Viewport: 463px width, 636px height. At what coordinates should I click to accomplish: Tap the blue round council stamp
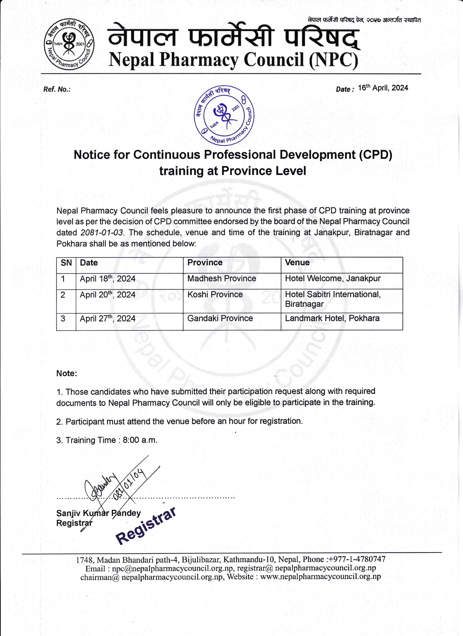(224, 115)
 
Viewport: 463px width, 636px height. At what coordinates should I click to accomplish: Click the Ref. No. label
(57, 90)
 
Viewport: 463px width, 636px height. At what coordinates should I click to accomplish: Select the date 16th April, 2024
(383, 88)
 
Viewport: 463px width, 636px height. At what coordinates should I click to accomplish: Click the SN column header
(66, 263)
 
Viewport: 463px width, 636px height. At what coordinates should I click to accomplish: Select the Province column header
(205, 262)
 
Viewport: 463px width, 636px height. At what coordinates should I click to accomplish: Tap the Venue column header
(297, 262)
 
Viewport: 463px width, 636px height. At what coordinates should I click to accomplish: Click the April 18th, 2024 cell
(108, 279)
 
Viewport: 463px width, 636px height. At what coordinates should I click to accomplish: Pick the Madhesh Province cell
(222, 279)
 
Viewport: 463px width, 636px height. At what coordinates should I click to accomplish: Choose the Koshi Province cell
(215, 294)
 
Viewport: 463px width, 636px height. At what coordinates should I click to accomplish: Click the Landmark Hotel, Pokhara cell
(332, 318)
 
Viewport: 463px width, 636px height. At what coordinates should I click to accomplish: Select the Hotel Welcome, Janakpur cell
(333, 279)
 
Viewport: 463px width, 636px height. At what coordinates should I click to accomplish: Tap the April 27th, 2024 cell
(108, 319)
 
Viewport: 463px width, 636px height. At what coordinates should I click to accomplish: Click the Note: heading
(67, 374)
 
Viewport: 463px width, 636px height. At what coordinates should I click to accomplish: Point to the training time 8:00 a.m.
(140, 440)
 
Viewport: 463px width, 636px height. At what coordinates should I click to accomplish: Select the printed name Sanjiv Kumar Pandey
(98, 513)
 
